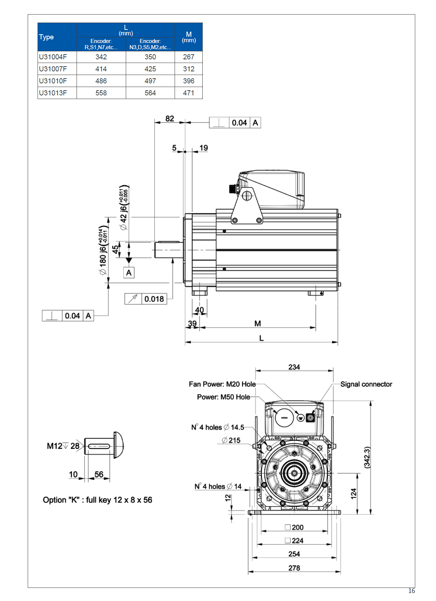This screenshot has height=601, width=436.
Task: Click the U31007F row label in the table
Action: [53, 69]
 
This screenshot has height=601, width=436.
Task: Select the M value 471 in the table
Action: [188, 93]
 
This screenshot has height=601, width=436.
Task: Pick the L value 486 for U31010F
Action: [101, 81]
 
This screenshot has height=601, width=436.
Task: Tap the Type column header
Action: [46, 37]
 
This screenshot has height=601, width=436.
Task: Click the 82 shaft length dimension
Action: [170, 119]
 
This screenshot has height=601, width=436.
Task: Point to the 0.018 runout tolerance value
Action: [154, 299]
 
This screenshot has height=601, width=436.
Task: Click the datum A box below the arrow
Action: [129, 273]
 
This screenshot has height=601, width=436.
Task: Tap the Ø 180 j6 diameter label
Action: [103, 251]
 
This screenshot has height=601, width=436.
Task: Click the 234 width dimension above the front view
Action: [294, 367]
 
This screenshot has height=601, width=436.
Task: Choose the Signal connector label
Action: [366, 384]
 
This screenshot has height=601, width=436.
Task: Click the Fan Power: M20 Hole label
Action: [222, 384]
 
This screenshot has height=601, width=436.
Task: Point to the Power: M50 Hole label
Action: [223, 397]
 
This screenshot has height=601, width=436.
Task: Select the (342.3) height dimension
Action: [367, 457]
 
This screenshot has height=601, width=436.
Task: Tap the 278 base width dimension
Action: [294, 568]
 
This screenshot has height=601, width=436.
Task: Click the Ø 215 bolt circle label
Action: [231, 440]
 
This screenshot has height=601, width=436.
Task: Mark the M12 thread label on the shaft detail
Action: [55, 446]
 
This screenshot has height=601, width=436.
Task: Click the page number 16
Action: [411, 591]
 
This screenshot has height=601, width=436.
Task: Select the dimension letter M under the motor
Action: [257, 324]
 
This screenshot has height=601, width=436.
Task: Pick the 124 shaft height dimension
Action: [353, 494]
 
